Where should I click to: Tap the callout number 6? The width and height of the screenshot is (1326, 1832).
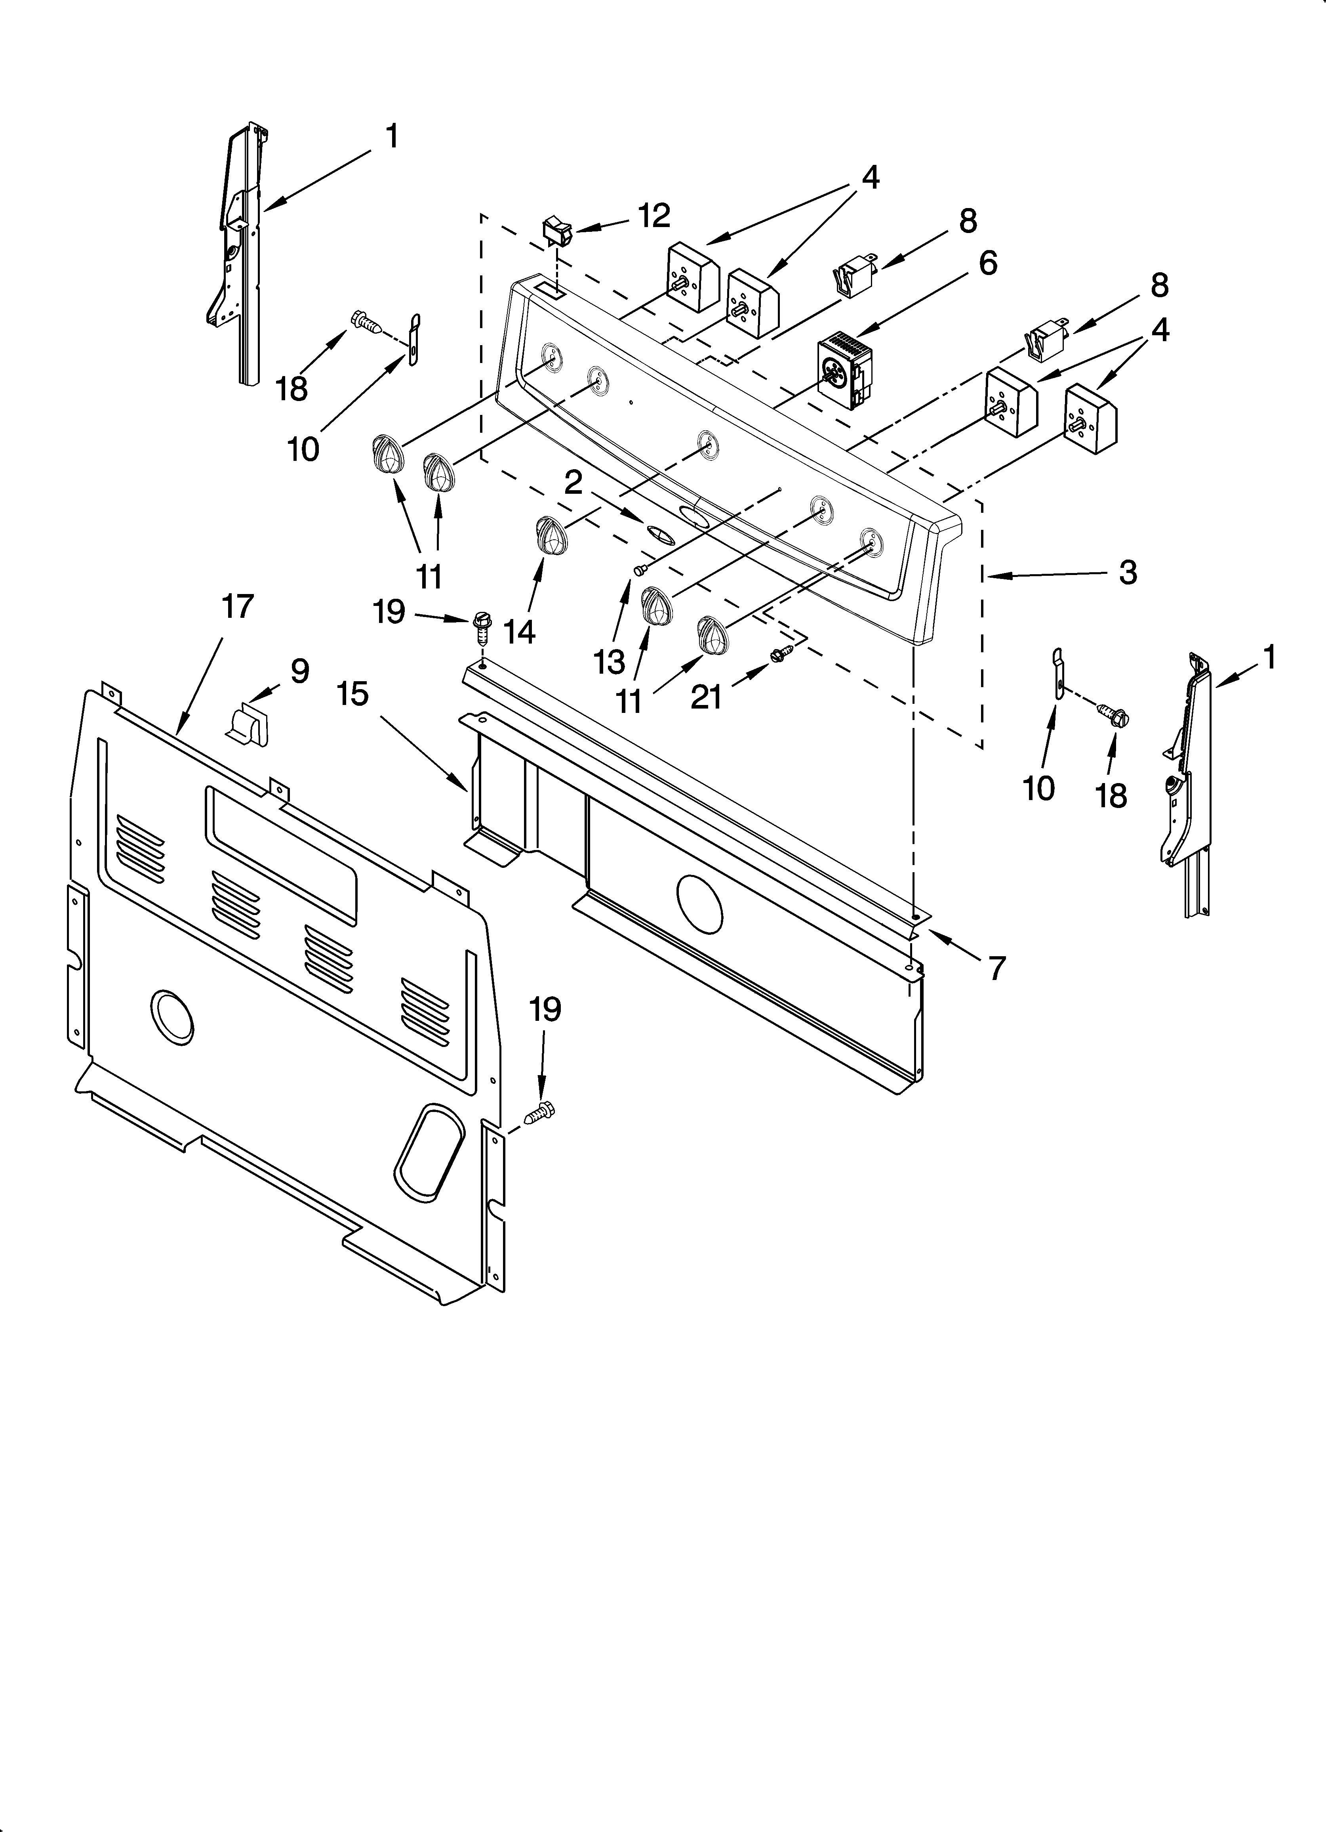point(988,264)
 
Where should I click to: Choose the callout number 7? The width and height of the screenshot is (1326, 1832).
point(997,967)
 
